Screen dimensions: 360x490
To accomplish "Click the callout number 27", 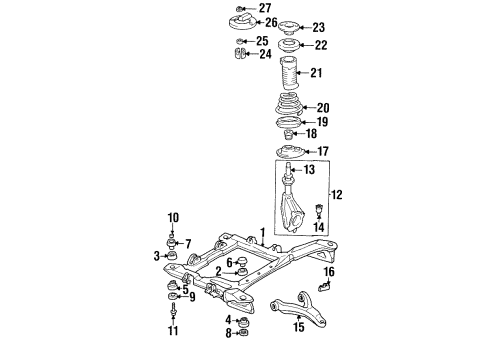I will [x=265, y=8].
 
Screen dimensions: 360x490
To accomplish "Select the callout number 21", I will [x=316, y=73].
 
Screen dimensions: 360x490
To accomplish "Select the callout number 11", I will [x=172, y=331].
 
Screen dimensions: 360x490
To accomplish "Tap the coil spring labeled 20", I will [x=285, y=108].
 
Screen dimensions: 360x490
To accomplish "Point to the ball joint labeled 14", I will [x=318, y=212].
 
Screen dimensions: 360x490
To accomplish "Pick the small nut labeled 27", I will [x=242, y=8].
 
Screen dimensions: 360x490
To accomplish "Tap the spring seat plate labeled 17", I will [x=288, y=152].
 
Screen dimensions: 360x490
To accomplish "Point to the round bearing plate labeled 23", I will [x=290, y=27].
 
